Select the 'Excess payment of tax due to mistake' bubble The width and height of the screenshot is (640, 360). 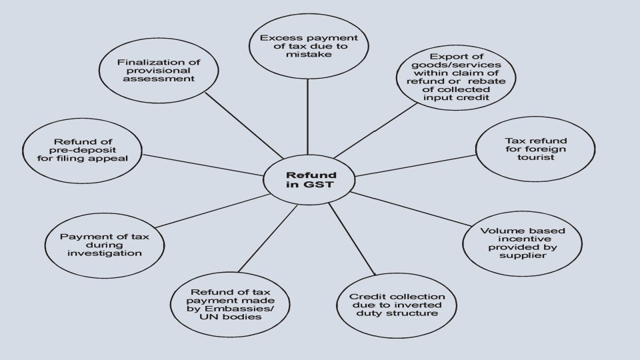[x=308, y=46]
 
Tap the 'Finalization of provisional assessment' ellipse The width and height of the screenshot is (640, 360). [x=159, y=69]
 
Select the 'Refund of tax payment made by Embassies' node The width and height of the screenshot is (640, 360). [x=231, y=304]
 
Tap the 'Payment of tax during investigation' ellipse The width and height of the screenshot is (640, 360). [x=101, y=244]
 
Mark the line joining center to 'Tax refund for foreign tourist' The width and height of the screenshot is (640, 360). [x=413, y=165]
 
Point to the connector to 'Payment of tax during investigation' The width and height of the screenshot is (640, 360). [x=213, y=211]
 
